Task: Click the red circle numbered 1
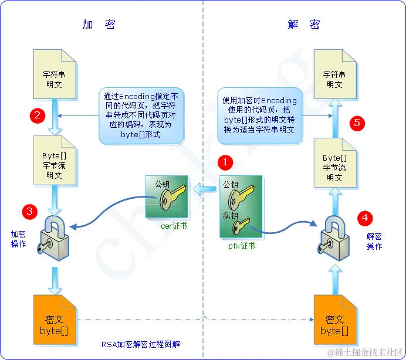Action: click(225, 161)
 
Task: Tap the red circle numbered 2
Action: click(38, 114)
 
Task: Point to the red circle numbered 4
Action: click(366, 218)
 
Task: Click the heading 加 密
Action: click(99, 24)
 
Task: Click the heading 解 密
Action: click(304, 24)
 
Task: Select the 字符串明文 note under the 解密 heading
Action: click(334, 74)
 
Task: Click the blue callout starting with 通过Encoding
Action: click(141, 116)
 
